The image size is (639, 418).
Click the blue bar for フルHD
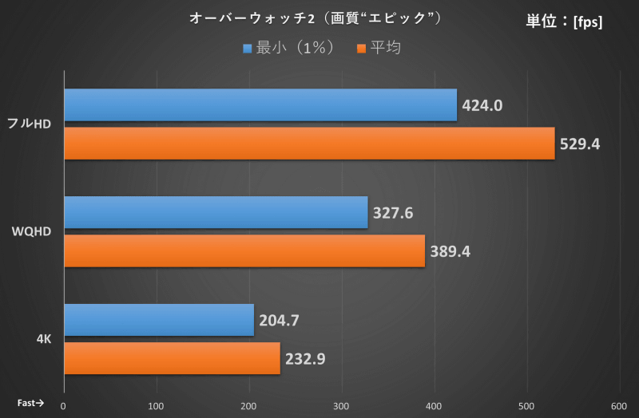tap(260, 104)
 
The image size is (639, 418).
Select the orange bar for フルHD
tap(308, 144)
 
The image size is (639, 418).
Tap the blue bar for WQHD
tap(216, 212)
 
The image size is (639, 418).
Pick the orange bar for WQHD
tap(244, 251)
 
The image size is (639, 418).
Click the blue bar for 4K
tap(158, 320)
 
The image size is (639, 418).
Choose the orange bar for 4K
tap(172, 358)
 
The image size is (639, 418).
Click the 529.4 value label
tap(580, 144)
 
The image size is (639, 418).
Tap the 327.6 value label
tap(393, 213)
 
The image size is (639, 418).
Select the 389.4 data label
tap(450, 252)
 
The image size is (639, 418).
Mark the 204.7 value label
tap(279, 321)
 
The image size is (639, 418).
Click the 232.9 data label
tap(305, 359)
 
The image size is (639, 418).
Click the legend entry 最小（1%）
tap(288, 48)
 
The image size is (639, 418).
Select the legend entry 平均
tap(379, 48)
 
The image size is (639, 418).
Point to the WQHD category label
tap(31, 231)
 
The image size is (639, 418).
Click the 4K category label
tap(44, 339)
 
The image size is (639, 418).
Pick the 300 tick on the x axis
tap(342, 405)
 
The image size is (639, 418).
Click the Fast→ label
tap(31, 403)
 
